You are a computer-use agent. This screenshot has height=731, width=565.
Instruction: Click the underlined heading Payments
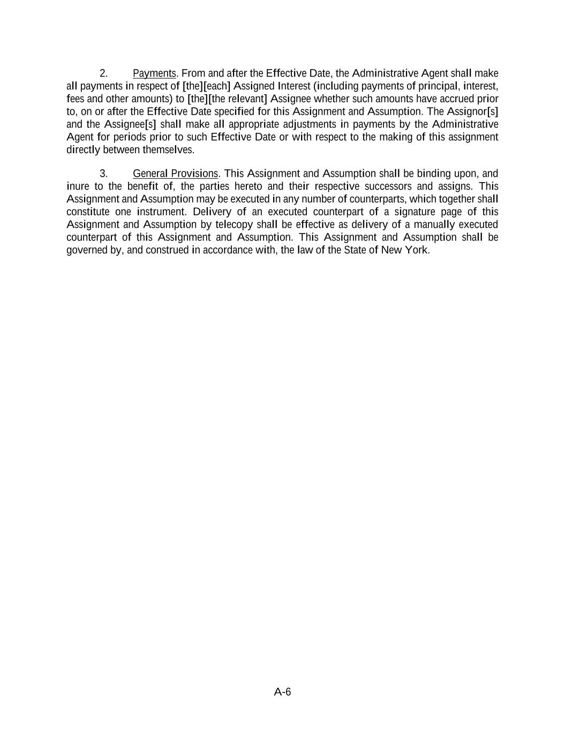point(154,73)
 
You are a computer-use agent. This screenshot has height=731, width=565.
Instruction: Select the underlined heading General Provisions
point(175,174)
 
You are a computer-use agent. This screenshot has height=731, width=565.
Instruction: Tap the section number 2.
point(104,73)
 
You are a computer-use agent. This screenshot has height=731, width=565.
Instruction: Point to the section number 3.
point(104,174)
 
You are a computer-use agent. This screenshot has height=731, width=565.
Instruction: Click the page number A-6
point(282,692)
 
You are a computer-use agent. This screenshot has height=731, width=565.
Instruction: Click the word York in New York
point(419,250)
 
